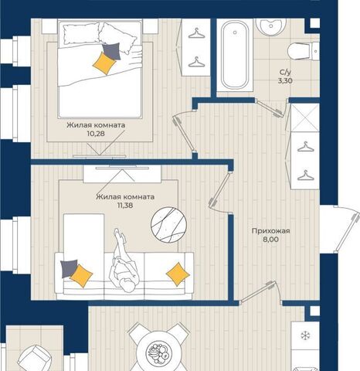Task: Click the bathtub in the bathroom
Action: point(235,55)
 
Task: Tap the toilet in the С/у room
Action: point(304,51)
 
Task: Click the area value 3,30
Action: point(285,81)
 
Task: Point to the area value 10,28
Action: point(96,134)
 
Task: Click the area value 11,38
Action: point(125,206)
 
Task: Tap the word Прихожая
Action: point(270,231)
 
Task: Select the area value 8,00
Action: point(270,240)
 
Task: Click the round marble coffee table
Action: point(168,225)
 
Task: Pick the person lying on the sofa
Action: point(124,261)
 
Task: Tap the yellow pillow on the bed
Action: point(104,63)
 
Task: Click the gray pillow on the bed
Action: point(111,51)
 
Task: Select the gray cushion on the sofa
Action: point(69,268)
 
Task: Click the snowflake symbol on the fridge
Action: point(306,335)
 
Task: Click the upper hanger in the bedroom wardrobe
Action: point(196,33)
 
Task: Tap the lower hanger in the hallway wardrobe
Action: point(306,175)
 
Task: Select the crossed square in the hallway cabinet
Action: point(305,117)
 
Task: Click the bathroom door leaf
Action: point(270,108)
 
